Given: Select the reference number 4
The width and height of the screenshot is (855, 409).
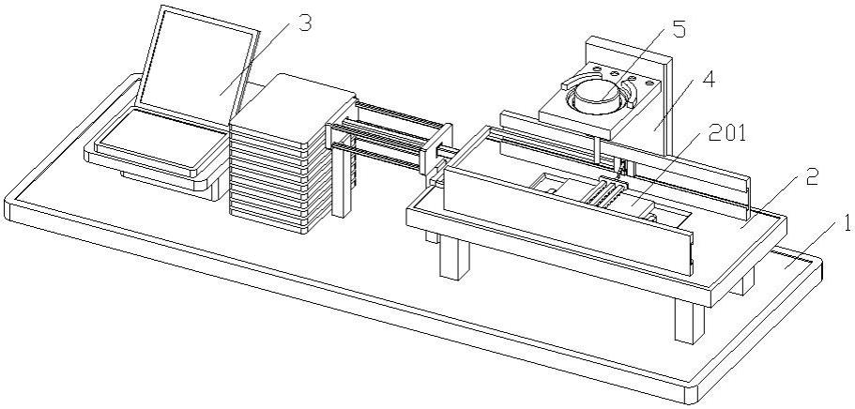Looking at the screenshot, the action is [x=708, y=80].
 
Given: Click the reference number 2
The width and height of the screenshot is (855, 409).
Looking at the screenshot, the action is [x=812, y=176].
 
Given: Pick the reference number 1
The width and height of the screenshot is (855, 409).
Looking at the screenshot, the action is [x=846, y=224].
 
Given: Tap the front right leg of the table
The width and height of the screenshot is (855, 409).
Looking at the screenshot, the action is [x=689, y=322].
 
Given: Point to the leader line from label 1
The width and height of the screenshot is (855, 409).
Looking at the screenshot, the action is [x=812, y=248].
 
